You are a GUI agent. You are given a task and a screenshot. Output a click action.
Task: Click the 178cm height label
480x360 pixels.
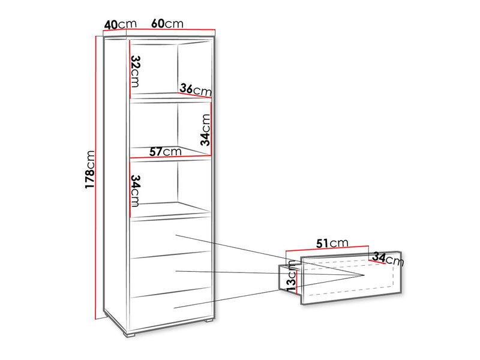pyautogui.click(x=90, y=169)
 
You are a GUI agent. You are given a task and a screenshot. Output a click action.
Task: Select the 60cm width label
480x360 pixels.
pyautogui.click(x=167, y=23)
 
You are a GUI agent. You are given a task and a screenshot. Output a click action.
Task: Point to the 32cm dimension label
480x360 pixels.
pyautogui.click(x=135, y=71)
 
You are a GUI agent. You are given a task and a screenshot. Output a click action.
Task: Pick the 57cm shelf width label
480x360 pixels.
pyautogui.click(x=166, y=152)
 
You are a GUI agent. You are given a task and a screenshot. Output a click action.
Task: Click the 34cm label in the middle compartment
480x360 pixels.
pyautogui.click(x=205, y=130)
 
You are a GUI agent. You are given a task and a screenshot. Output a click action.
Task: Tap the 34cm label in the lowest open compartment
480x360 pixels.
pyautogui.click(x=135, y=191)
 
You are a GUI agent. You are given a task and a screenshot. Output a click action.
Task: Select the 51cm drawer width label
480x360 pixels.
pyautogui.click(x=332, y=244)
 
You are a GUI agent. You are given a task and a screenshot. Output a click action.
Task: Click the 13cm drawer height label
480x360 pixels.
pyautogui.click(x=291, y=275)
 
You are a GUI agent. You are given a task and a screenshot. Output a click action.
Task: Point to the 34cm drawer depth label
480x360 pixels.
pyautogui.click(x=388, y=259)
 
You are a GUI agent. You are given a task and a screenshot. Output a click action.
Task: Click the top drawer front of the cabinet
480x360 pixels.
pyautogui.click(x=171, y=238)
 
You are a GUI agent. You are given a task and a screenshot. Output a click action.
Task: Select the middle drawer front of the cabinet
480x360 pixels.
pyautogui.click(x=171, y=274)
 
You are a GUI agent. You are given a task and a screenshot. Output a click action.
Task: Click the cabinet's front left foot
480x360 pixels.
pyautogui.click(x=130, y=334)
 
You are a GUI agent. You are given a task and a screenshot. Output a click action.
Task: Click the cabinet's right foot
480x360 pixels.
pyautogui.click(x=209, y=320)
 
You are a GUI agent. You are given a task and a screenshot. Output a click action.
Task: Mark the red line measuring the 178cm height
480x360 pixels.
pyautogui.click(x=96, y=178)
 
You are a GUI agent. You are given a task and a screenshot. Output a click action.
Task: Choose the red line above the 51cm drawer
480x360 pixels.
pyautogui.click(x=327, y=248)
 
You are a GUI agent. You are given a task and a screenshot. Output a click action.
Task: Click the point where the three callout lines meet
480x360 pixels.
pyautogui.click(x=364, y=275)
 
